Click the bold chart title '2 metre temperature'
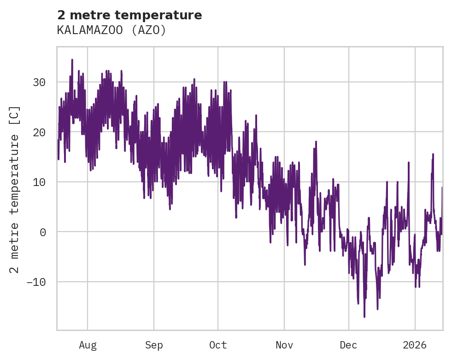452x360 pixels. click(x=129, y=15)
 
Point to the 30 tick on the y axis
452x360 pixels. click(x=39, y=82)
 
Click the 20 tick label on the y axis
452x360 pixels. click(x=39, y=132)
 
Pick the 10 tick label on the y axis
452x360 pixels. click(x=39, y=182)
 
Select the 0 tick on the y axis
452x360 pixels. click(x=42, y=232)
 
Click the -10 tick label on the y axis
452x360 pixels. click(x=36, y=281)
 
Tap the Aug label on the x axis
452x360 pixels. click(x=88, y=345)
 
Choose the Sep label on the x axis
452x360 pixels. click(x=154, y=345)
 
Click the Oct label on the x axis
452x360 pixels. click(x=218, y=345)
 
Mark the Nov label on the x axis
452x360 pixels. click(x=284, y=345)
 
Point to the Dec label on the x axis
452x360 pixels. click(x=349, y=345)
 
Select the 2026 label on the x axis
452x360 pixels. click(x=415, y=345)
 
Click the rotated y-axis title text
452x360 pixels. click(x=15, y=189)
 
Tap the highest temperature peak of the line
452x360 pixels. click(x=72, y=59)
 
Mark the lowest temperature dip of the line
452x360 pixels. click(x=364, y=317)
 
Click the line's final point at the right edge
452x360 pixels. click(x=442, y=187)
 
